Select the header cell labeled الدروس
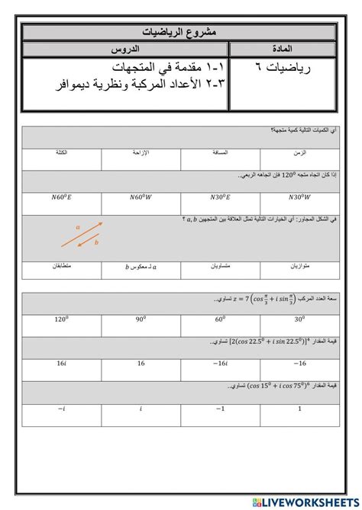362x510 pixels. [x=126, y=50]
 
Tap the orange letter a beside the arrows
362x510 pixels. [x=79, y=226]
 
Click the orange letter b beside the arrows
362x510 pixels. [x=97, y=245]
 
